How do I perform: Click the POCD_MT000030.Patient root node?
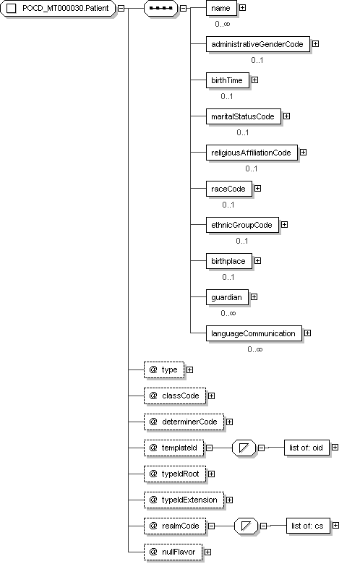[x=58, y=8]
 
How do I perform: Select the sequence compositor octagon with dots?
[x=160, y=8]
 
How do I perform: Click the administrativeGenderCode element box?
[x=258, y=44]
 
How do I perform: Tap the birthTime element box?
[x=227, y=80]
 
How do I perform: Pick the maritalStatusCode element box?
[x=244, y=116]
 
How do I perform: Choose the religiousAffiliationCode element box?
[x=252, y=153]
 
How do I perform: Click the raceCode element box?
[x=228, y=189]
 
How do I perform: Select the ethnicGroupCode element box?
[x=242, y=225]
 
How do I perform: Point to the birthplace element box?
[x=228, y=261]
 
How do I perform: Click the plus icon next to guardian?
[x=254, y=296]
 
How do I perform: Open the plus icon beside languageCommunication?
[x=307, y=333]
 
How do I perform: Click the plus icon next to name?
[x=243, y=7]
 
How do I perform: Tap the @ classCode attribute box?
[x=175, y=396]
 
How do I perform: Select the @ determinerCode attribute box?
[x=184, y=422]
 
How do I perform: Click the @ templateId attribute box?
[x=173, y=448]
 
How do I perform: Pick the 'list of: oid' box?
[x=307, y=448]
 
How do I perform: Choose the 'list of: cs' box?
[x=308, y=526]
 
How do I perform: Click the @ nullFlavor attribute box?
[x=173, y=552]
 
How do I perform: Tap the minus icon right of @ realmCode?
[x=212, y=526]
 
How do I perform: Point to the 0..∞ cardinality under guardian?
[x=228, y=313]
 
